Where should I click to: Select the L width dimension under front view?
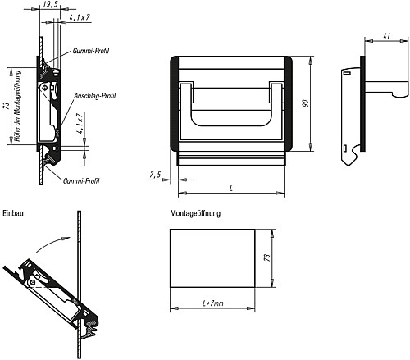(231, 188)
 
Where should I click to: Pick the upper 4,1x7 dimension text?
(80, 16)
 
